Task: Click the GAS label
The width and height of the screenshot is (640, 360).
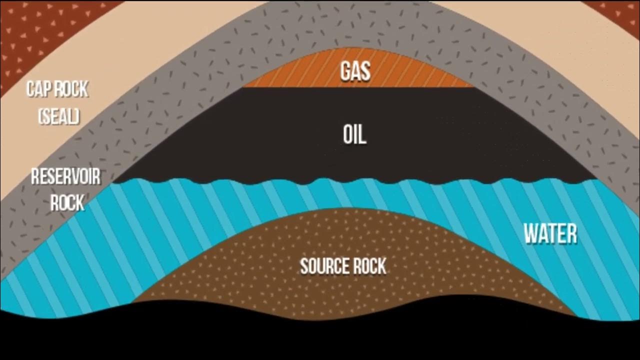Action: coord(355,71)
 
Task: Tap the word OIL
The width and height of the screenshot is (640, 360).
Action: coord(355,134)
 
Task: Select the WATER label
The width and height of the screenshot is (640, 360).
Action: coord(550,233)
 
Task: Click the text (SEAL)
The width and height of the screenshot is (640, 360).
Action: coord(58,117)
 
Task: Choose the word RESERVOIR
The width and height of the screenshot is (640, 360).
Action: coord(65,177)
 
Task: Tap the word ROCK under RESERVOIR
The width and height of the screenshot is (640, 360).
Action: coord(67,202)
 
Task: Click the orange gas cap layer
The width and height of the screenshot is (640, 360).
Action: coord(300,75)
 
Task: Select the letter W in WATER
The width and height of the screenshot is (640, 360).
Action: coord(531,233)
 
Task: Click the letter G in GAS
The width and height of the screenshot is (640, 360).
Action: coord(345,71)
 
